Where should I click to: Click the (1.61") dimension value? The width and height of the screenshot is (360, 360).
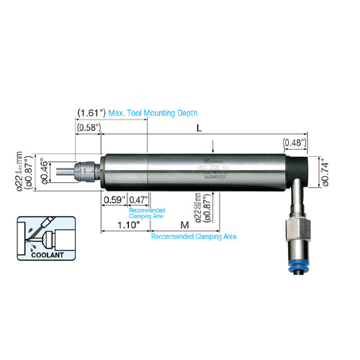[91, 114]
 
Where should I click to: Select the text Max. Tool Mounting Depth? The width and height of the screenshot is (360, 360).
[152, 114]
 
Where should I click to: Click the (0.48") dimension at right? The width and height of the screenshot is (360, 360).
[293, 142]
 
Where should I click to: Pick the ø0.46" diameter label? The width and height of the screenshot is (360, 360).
[45, 171]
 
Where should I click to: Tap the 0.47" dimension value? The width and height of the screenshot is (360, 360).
[137, 199]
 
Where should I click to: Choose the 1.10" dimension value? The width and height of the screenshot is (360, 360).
[127, 225]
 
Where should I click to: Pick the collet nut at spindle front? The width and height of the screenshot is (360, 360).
[87, 171]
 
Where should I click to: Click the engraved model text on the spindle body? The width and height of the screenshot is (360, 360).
[214, 166]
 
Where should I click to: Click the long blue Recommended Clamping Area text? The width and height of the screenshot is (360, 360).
[194, 235]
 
